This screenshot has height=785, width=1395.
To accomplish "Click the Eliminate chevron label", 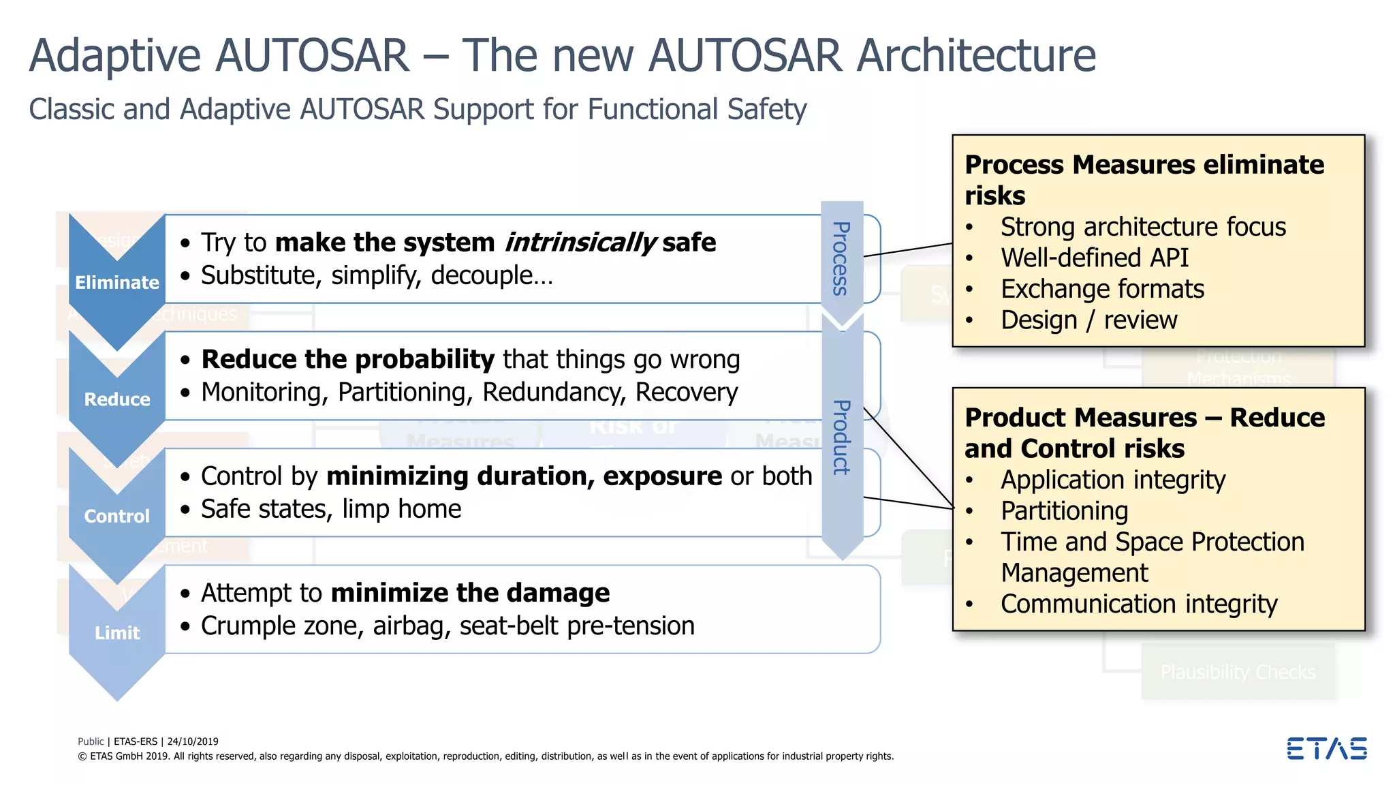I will (x=116, y=282).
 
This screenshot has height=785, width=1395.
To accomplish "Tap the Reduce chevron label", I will (x=116, y=399).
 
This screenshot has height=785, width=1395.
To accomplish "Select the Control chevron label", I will (x=116, y=516).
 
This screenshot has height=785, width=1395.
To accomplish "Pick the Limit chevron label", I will (x=116, y=633).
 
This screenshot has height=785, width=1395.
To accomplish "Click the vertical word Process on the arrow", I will (x=842, y=259).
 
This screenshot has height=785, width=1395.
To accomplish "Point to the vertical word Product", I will (x=842, y=437).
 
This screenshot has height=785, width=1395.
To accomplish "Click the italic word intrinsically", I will (x=580, y=243).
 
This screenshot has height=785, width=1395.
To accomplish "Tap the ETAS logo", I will (x=1326, y=748).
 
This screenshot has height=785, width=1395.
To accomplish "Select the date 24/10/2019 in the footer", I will (x=193, y=741).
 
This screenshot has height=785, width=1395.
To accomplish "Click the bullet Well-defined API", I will (x=1094, y=258).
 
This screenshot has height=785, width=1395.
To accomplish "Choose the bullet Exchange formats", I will (x=1102, y=289).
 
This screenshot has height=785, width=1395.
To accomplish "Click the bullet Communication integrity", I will (x=1138, y=604).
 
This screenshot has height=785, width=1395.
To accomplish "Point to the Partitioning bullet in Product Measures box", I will (x=1064, y=511).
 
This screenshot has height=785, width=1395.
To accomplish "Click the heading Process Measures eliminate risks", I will (x=1144, y=179).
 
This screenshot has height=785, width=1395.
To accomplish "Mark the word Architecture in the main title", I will (x=975, y=55).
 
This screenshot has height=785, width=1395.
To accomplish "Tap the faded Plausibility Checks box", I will (x=1238, y=673).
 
